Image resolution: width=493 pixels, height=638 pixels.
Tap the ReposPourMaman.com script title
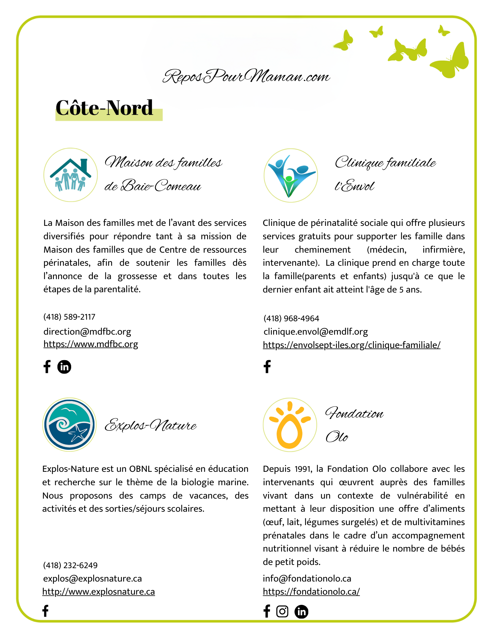[x=246, y=77]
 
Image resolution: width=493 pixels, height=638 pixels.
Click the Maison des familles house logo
[x=71, y=175]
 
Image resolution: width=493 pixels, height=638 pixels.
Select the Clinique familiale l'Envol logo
[x=290, y=175]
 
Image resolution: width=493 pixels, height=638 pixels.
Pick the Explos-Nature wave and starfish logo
[x=69, y=425]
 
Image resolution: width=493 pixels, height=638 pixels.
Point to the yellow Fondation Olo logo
[x=290, y=425]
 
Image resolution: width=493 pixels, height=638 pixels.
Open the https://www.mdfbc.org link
[x=91, y=344]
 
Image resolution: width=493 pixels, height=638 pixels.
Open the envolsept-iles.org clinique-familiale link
[x=351, y=345]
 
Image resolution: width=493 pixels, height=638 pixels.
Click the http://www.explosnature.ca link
[x=99, y=592]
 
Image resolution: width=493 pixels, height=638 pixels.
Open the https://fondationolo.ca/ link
[x=311, y=592]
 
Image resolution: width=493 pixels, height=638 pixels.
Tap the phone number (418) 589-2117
[x=69, y=317]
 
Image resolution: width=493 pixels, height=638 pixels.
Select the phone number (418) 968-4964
[x=291, y=318]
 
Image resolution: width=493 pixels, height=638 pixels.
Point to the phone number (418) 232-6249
[x=70, y=565]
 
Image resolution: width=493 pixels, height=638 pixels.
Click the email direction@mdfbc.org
[x=87, y=331]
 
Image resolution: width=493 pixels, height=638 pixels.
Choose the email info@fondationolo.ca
[x=307, y=578]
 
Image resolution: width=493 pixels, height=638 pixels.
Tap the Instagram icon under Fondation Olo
[x=282, y=612]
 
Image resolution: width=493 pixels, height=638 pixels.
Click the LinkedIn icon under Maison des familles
[x=64, y=367]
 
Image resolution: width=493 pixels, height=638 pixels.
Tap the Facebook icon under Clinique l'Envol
[x=267, y=367]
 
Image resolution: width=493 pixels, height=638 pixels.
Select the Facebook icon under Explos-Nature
[x=45, y=611]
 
